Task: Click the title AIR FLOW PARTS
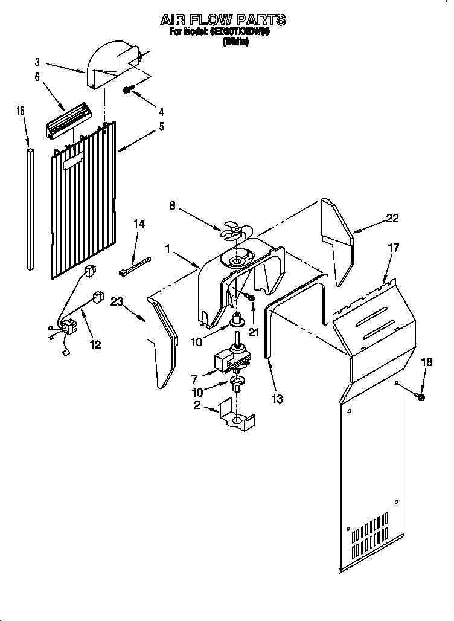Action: click(223, 20)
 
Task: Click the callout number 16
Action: click(21, 111)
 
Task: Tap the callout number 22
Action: click(392, 219)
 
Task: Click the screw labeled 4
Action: click(128, 89)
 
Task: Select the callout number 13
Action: click(277, 399)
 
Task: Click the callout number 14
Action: click(139, 224)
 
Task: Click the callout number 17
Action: click(393, 247)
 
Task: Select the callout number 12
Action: click(95, 345)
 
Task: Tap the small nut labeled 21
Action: click(252, 298)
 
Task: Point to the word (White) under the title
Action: click(235, 43)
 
